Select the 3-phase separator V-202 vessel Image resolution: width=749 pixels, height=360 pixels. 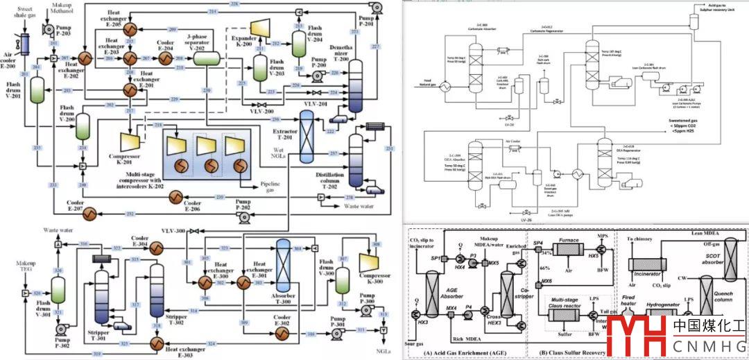pyautogui.click(x=205, y=59)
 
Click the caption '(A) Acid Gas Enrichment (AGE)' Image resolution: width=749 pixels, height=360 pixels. pyautogui.click(x=464, y=354)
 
